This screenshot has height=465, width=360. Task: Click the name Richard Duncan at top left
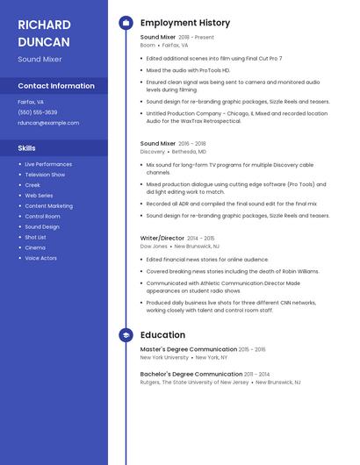coord(44,33)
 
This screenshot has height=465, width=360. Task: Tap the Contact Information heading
coord(56,86)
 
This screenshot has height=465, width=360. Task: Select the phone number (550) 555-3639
coord(38,112)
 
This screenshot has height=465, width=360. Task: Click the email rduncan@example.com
coord(48,123)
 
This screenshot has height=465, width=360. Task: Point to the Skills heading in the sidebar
coord(27,148)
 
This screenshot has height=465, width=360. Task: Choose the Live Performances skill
coord(48,164)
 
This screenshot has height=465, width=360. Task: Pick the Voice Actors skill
coord(41,258)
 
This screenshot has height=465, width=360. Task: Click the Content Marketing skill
coord(49,206)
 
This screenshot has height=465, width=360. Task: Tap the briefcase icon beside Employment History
coord(126,23)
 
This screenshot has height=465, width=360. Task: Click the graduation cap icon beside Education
coord(126,335)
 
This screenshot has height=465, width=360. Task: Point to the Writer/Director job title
coord(162,238)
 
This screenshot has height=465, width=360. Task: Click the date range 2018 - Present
coord(196,38)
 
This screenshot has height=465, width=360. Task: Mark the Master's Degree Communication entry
coord(189,349)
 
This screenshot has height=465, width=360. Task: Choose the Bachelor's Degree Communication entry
coord(190,375)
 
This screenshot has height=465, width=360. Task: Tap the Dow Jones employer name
coord(154,247)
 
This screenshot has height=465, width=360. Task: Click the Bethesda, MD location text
coord(190,152)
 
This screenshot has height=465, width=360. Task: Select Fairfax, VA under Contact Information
coord(31,102)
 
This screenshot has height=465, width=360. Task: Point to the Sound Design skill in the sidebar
coord(42,226)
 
